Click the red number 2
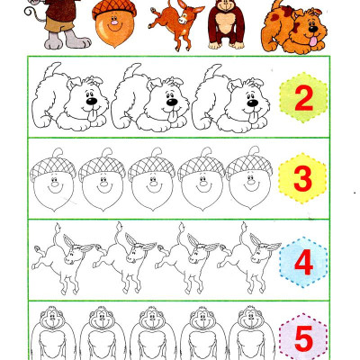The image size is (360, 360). [304, 98]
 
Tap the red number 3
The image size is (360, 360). [303, 178]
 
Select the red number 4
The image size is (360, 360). [304, 263]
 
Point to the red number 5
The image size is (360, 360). [304, 338]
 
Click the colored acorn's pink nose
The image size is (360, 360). [114, 22]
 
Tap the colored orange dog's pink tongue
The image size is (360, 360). [313, 41]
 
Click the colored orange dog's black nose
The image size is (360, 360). [313, 29]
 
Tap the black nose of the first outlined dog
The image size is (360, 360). [92, 101]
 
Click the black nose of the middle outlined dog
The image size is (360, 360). [172, 102]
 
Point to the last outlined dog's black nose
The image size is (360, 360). [253, 103]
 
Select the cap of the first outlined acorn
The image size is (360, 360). [53, 168]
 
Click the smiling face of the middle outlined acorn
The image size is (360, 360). [153, 184]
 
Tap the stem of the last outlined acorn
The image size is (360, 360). [253, 151]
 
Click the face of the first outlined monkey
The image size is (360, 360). [52, 319]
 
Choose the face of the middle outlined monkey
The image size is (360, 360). [152, 319]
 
